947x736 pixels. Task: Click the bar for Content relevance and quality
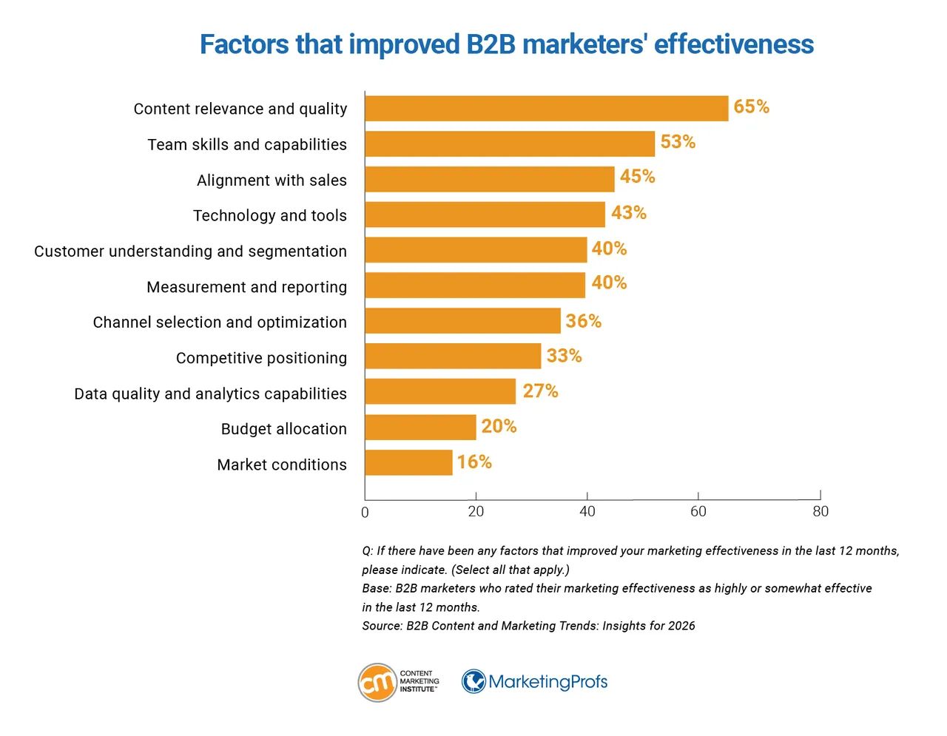[x=546, y=109]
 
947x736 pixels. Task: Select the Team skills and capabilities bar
[x=510, y=144]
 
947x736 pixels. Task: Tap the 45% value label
[x=637, y=177]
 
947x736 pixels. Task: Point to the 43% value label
[x=628, y=213]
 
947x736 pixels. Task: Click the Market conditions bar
[x=408, y=463]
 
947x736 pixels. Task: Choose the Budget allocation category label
[x=283, y=429]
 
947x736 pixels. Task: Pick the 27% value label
[x=540, y=391]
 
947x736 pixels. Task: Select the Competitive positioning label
[x=261, y=358]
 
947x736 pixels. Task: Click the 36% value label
[x=583, y=322]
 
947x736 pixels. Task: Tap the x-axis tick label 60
[x=698, y=512]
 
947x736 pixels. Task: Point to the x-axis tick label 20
[x=476, y=512]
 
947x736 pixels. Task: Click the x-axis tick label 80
[x=820, y=512]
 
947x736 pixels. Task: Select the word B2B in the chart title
[x=491, y=44]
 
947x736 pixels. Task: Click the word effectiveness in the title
[x=733, y=44]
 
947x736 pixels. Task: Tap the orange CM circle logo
[x=377, y=682]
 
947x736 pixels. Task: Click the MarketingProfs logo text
[x=547, y=682]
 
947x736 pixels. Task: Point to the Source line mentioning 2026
[x=528, y=626]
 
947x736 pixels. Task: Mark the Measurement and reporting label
[x=246, y=287]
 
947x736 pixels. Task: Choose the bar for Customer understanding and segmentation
[x=476, y=250]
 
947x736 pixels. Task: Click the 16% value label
[x=473, y=462]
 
